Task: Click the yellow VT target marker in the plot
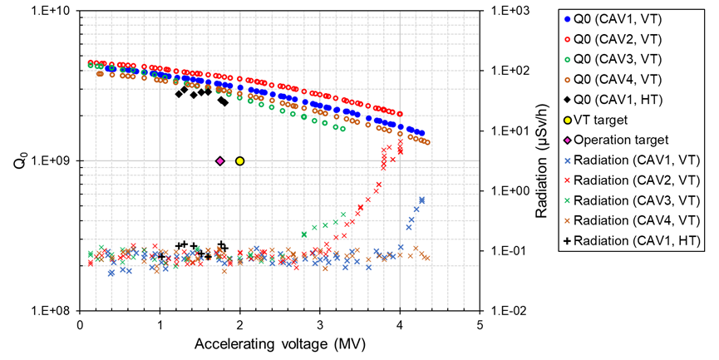240,161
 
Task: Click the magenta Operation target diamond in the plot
220,161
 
